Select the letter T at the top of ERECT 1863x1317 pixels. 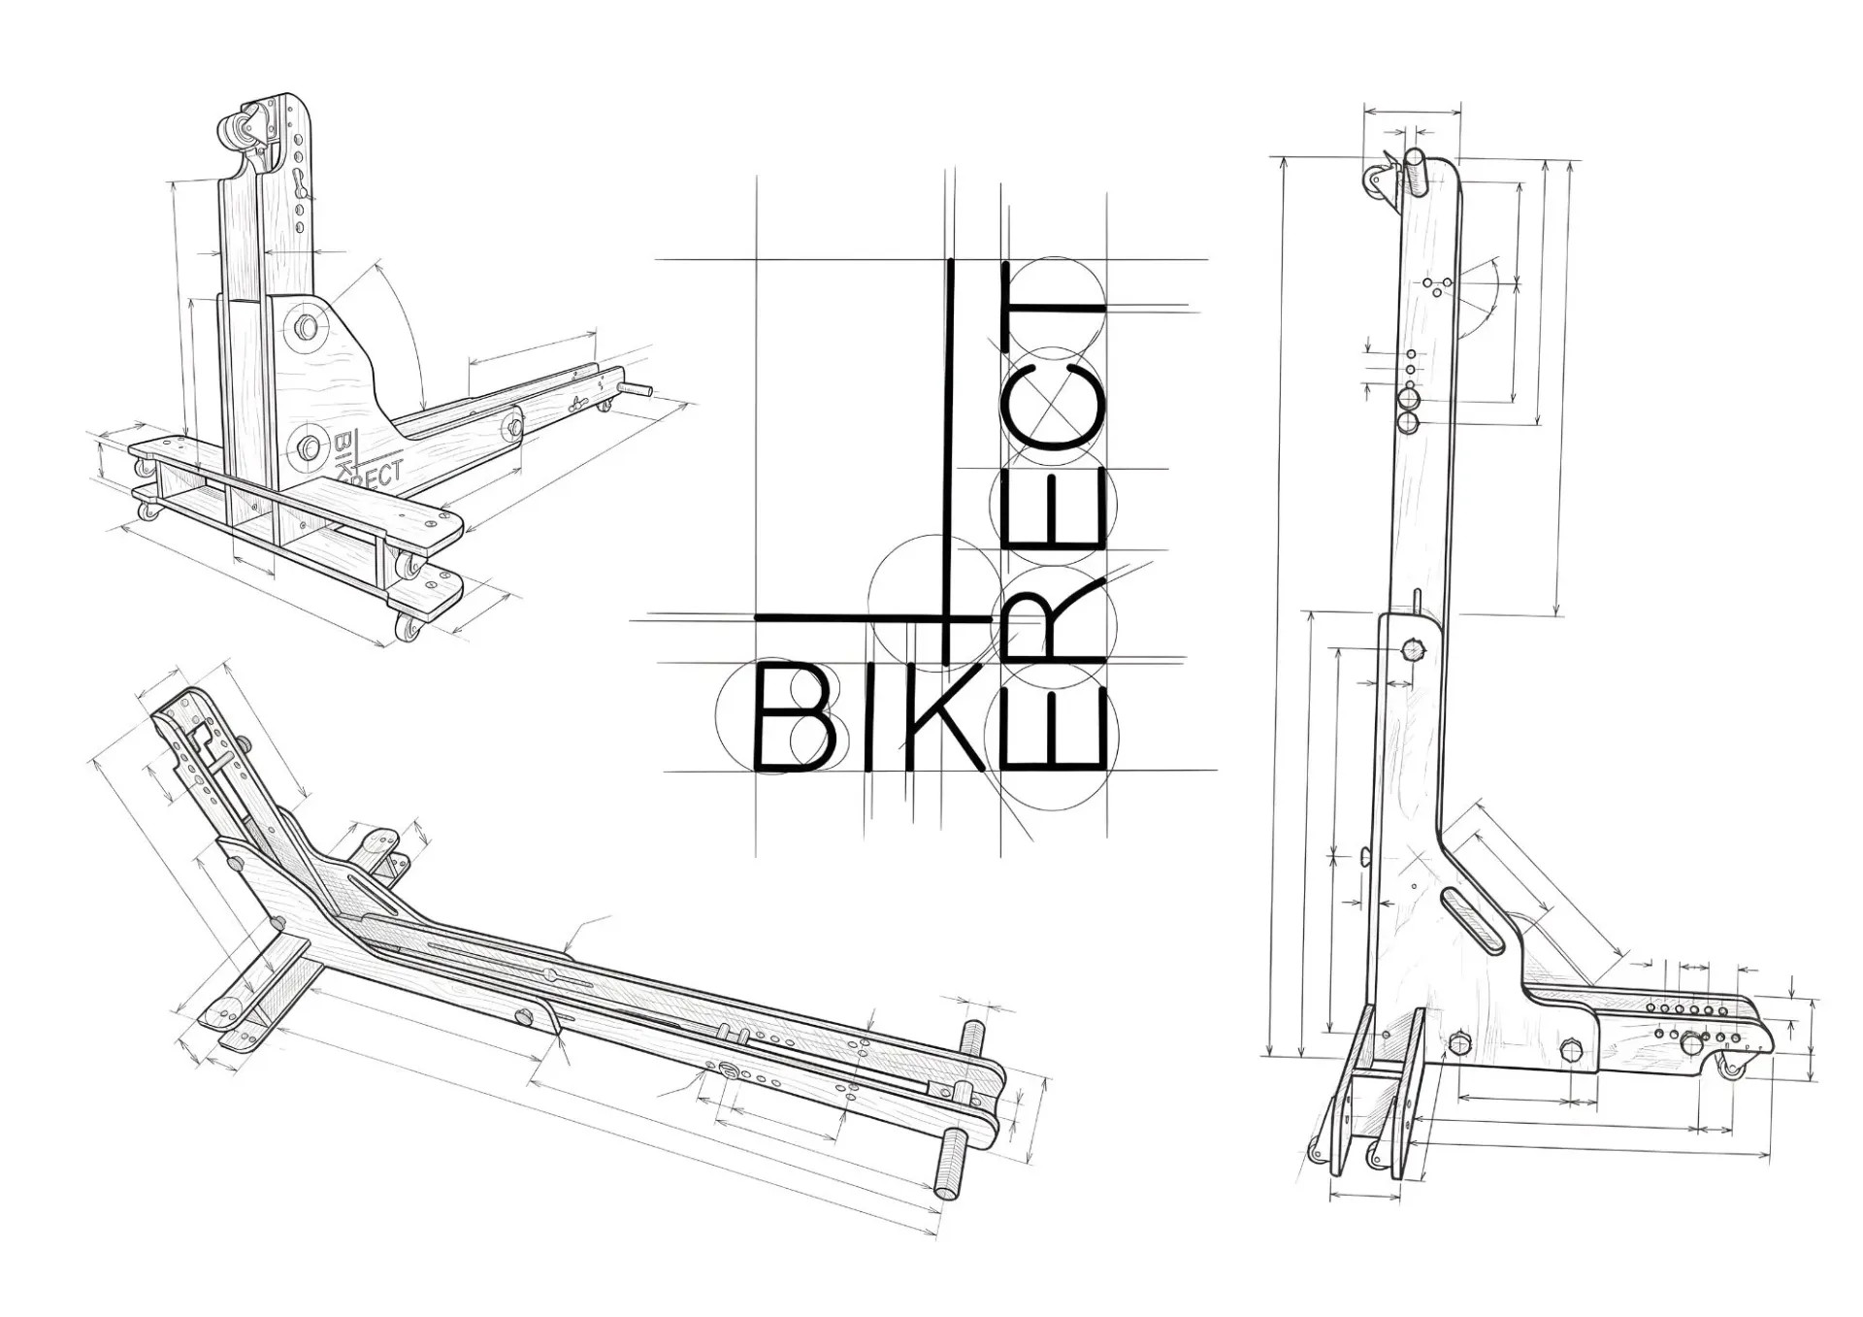click(x=1054, y=303)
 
